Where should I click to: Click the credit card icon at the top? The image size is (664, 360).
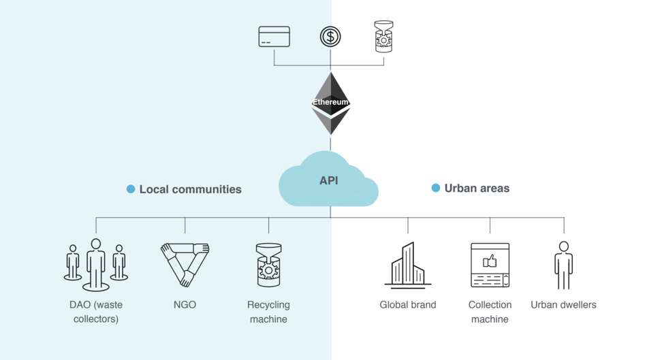274,37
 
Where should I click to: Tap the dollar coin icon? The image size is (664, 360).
330,37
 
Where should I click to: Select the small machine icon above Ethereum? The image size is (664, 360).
383,37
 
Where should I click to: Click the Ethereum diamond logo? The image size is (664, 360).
330,103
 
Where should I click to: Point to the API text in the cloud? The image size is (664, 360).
329,180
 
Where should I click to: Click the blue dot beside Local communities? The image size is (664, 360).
131,189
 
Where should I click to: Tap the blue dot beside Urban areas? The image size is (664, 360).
436,188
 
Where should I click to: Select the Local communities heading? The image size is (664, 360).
190,189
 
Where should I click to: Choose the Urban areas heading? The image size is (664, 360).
477,188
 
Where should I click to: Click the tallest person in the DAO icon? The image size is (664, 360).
96,264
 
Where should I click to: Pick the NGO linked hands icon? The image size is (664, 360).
185,264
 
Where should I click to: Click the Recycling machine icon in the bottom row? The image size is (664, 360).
268,265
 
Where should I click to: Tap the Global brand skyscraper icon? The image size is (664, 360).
408,265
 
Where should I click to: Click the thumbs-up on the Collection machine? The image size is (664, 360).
490,261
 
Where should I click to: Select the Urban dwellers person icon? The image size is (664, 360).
563,265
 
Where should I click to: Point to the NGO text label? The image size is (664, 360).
185,305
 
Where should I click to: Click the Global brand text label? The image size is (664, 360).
408,305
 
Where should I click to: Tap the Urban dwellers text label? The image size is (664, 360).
563,305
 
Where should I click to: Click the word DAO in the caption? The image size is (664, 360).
80,305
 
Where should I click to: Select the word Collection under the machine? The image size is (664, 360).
490,305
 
